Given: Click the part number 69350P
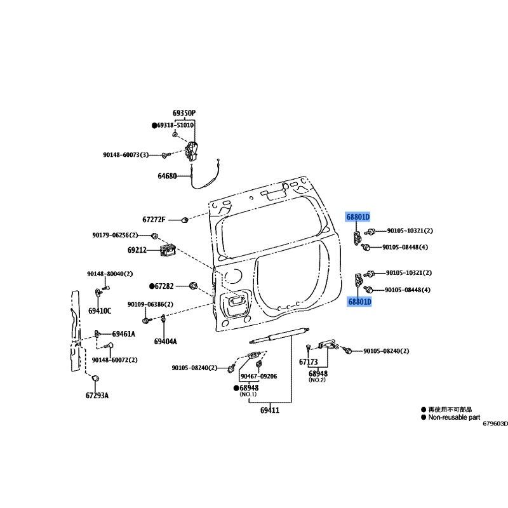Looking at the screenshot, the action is (x=184, y=113).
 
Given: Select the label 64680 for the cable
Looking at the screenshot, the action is (x=167, y=176).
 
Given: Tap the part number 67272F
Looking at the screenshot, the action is (x=154, y=220).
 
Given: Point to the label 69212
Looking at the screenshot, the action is (x=137, y=250).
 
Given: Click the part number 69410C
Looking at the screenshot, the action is (x=100, y=311).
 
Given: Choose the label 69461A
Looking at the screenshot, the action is (x=124, y=334).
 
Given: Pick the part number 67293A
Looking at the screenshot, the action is (x=97, y=396).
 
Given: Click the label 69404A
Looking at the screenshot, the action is (x=166, y=342).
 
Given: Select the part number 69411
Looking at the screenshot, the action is (x=270, y=410).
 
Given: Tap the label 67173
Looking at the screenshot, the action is (x=309, y=362).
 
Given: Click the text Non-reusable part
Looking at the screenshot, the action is (x=454, y=417).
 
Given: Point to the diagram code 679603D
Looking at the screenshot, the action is (x=495, y=424).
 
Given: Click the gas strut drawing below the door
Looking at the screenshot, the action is (x=279, y=335).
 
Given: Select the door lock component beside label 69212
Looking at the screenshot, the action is (x=168, y=250).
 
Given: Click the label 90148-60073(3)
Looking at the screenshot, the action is (x=126, y=155).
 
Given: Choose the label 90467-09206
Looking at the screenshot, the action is (x=259, y=377).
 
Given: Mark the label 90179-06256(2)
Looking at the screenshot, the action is (x=115, y=235).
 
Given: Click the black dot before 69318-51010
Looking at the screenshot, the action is (x=154, y=125).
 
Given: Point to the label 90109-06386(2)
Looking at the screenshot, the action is (x=150, y=305).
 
